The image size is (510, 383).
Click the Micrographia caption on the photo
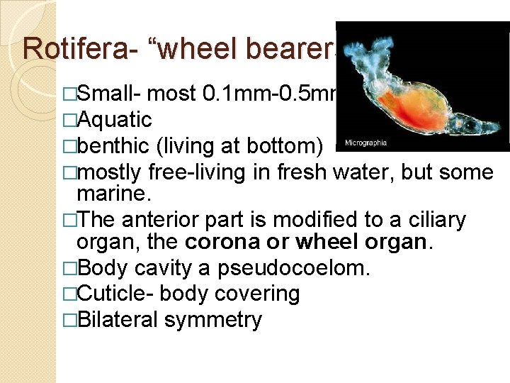pos(365,143)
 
